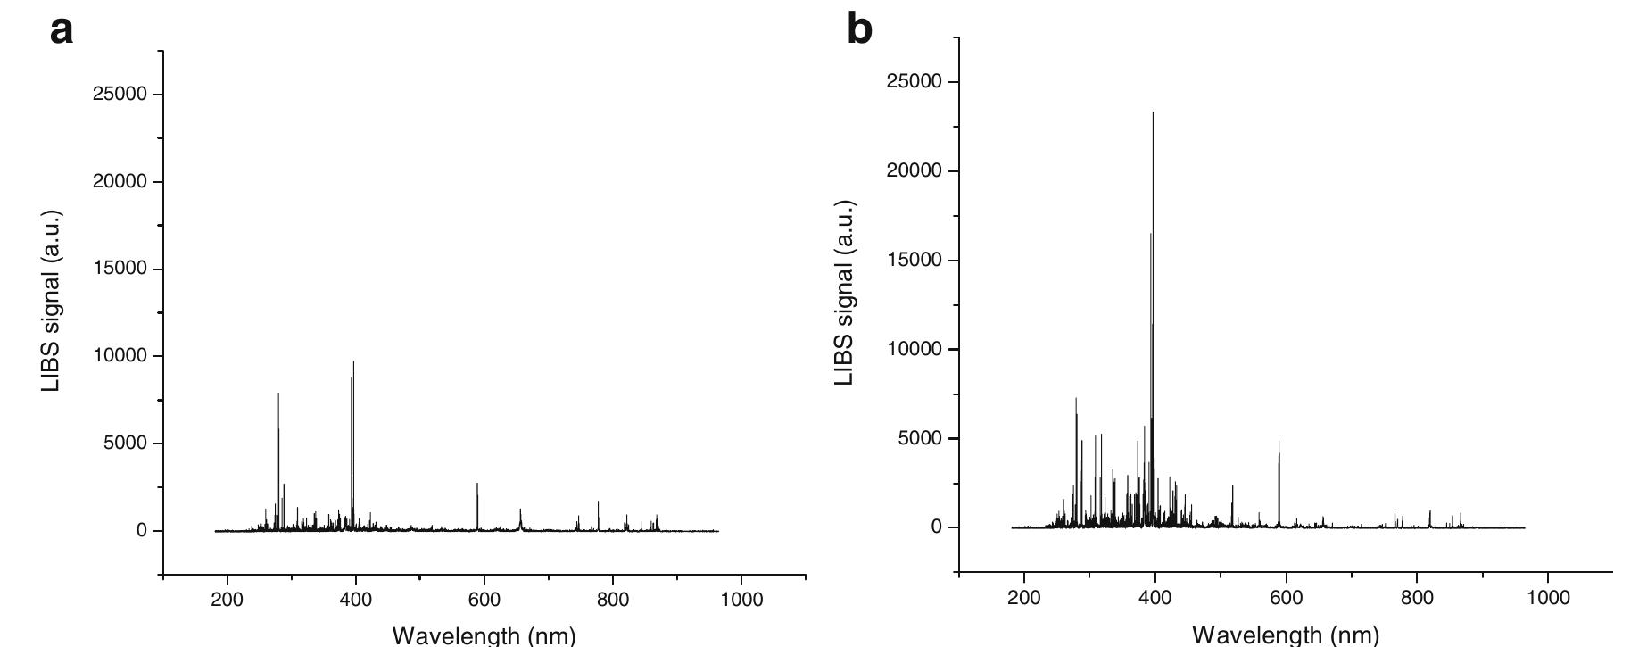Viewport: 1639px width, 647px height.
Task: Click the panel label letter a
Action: tap(61, 30)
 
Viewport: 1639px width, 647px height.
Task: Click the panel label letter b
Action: tap(858, 30)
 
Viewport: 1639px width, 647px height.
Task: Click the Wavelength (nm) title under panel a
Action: tap(484, 635)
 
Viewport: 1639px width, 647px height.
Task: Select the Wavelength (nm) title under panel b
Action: tap(1285, 635)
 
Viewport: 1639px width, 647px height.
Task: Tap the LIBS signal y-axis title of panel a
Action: tap(53, 301)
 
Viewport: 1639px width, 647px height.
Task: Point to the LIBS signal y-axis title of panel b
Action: tap(845, 293)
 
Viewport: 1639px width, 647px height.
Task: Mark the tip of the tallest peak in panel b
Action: tap(1153, 113)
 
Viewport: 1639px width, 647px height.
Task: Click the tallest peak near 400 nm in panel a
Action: tap(353, 362)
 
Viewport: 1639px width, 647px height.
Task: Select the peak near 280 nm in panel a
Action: tap(278, 394)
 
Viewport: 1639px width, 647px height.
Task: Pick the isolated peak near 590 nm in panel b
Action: tap(1279, 442)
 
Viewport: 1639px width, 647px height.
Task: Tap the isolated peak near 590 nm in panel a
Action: tap(477, 485)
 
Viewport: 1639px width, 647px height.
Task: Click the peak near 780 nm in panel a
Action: tap(598, 502)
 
